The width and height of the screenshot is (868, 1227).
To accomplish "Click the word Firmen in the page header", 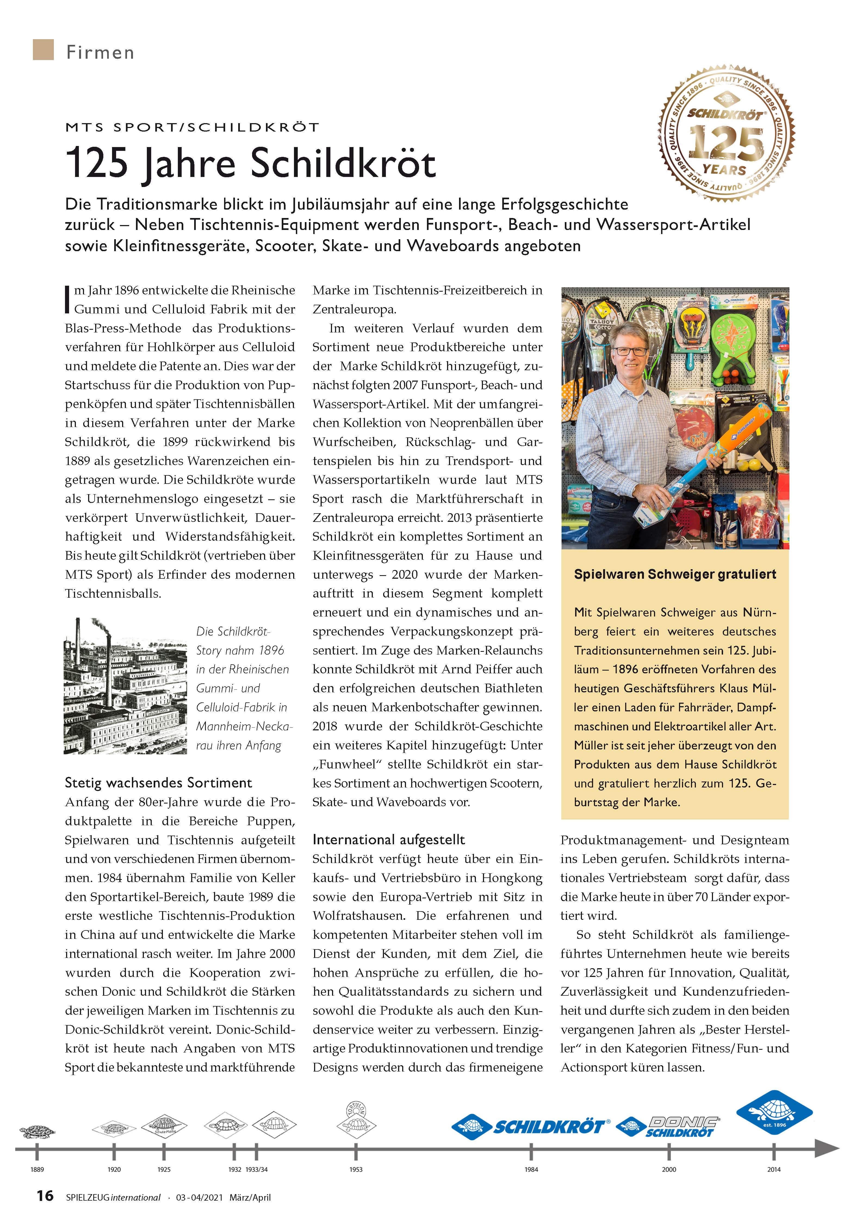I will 100,52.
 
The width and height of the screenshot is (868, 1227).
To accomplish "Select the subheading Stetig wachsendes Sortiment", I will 158,783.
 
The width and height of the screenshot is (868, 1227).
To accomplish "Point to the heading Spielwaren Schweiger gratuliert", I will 674,574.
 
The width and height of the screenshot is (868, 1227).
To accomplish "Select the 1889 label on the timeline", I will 37,1169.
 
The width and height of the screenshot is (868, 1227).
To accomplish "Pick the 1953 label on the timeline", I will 356,1169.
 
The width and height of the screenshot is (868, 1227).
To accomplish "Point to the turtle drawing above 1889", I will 38,1131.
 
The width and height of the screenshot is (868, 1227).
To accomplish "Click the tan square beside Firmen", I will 43,50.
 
